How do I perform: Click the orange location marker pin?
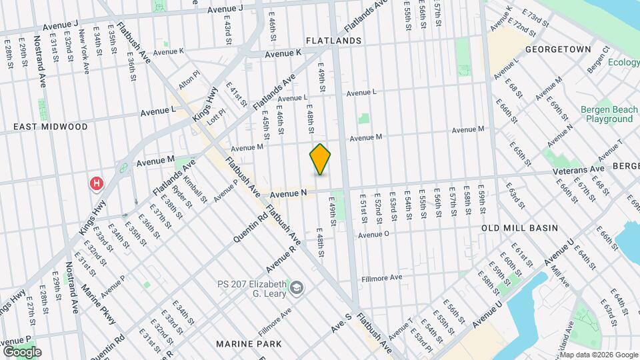[320, 159]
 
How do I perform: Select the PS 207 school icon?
[297, 288]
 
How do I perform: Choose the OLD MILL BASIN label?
[520, 228]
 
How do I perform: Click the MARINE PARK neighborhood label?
[249, 344]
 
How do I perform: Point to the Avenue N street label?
[289, 193]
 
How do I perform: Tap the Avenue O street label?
[373, 235]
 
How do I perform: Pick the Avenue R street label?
[280, 260]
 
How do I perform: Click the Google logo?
[22, 351]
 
